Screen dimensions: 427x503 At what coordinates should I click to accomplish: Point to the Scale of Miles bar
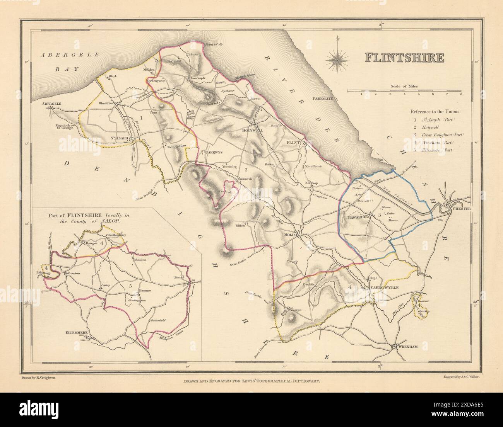click(404, 91)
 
